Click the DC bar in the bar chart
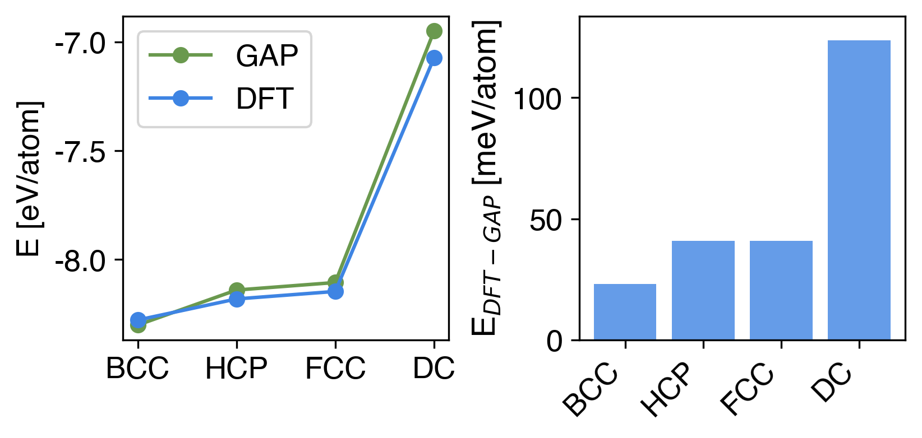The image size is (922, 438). tap(859, 190)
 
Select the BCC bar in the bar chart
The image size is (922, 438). tap(625, 312)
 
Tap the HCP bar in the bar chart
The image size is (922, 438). tap(703, 290)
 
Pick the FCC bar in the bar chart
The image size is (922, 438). tap(781, 290)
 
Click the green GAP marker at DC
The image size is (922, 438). tap(434, 31)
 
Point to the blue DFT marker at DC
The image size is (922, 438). tap(434, 58)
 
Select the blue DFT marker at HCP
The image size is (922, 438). tap(237, 299)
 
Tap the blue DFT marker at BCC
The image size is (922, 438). tap(138, 319)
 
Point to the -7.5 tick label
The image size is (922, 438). tap(81, 152)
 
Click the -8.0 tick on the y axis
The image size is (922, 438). tap(81, 261)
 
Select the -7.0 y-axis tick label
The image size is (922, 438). tap(81, 44)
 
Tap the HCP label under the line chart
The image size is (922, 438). tap(236, 369)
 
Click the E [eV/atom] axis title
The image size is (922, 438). tap(29, 179)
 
